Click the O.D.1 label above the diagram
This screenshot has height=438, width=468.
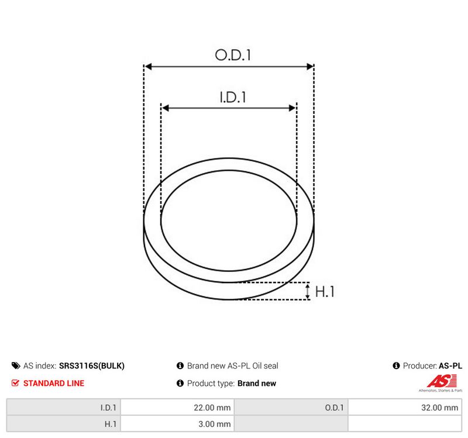click(233, 55)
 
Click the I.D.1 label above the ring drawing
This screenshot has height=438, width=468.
click(233, 97)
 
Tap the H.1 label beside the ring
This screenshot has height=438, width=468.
click(325, 291)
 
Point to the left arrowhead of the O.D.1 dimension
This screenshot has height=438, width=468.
click(148, 67)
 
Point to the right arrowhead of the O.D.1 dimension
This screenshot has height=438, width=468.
click(310, 67)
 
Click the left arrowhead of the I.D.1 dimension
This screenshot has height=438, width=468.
click(166, 108)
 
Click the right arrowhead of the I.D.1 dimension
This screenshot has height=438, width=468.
click(292, 108)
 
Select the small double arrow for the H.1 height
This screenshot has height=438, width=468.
click(308, 291)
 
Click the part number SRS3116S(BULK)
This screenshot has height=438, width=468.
click(92, 366)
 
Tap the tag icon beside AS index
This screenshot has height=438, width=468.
click(16, 365)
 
